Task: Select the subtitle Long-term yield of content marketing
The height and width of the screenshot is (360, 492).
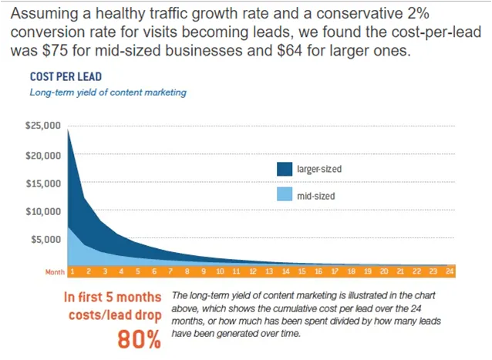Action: (108, 93)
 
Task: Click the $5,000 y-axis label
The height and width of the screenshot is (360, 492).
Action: (45, 239)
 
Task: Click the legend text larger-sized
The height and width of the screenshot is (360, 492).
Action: (318, 169)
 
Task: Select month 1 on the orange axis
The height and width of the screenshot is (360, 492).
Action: (71, 271)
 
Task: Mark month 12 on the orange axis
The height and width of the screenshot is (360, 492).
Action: (254, 271)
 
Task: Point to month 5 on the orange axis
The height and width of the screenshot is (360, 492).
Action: (137, 271)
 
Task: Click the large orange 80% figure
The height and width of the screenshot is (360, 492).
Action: (139, 339)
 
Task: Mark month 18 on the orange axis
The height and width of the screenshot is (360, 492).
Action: (352, 271)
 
